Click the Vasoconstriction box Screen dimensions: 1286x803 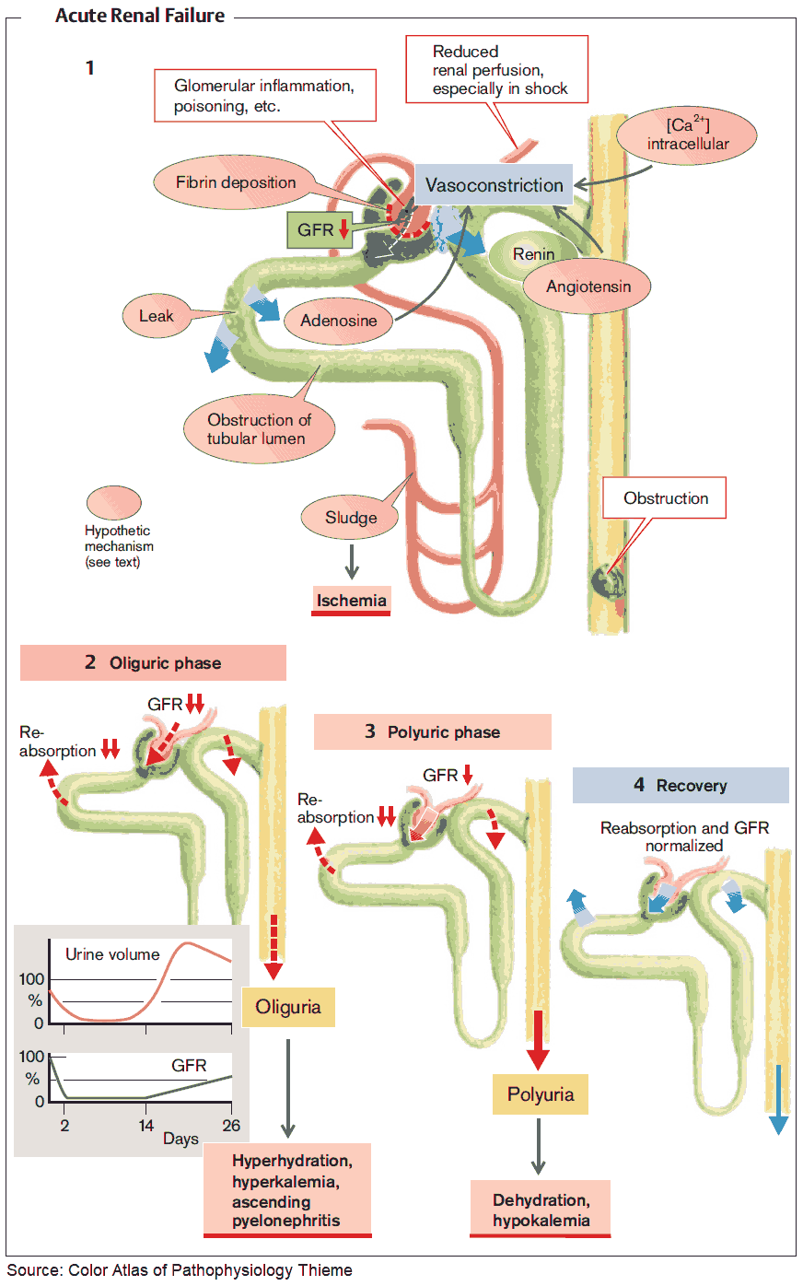click(494, 185)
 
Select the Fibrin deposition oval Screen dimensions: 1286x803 click(237, 182)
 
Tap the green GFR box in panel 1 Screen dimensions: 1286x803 click(322, 230)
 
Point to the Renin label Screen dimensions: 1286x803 click(533, 254)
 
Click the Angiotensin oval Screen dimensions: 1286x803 click(588, 286)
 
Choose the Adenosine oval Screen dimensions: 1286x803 click(338, 321)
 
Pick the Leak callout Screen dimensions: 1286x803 click(156, 316)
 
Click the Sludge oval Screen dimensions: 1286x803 click(351, 518)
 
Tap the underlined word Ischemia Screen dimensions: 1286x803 click(351, 601)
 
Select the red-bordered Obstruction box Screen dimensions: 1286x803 click(665, 498)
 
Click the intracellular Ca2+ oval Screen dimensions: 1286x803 click(687, 134)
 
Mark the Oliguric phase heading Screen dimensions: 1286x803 click(154, 663)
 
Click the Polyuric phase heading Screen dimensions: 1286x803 click(433, 732)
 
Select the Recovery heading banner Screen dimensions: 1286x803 click(681, 786)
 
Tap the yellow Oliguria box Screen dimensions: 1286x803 click(288, 1007)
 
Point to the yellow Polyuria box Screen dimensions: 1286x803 click(541, 1094)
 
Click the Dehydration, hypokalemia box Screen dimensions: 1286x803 click(541, 1210)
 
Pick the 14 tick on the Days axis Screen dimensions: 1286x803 click(146, 1126)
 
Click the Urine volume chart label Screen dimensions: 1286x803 click(112, 954)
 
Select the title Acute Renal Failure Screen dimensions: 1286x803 click(140, 16)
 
